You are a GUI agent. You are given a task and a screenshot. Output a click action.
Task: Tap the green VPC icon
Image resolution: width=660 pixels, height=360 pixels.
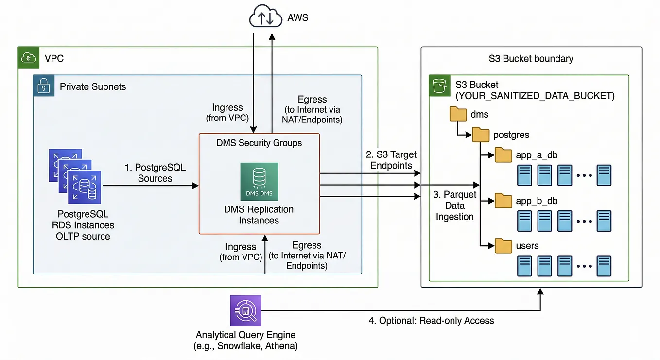point(29,57)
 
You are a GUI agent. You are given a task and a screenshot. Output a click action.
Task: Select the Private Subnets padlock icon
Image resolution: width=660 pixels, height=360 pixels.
point(44,86)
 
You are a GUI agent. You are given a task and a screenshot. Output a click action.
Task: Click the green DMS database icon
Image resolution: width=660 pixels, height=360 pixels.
point(260,182)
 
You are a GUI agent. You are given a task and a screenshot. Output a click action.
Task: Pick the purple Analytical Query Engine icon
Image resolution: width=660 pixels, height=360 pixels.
point(245,310)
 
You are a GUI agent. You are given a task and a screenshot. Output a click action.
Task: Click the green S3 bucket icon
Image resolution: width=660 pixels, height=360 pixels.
point(440,86)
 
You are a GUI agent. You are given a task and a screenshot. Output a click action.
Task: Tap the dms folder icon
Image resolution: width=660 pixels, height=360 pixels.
point(458,114)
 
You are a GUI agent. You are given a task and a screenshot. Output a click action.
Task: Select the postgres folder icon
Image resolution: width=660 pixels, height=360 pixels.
point(481,135)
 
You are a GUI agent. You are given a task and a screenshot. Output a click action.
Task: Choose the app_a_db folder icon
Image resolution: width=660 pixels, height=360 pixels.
point(503,154)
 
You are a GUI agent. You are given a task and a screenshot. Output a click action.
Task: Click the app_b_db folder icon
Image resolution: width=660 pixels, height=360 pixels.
point(503,201)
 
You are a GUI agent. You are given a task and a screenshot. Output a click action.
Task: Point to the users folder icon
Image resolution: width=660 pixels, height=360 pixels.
point(503,246)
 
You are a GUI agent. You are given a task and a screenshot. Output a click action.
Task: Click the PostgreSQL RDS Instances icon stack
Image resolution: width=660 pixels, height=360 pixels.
point(75,176)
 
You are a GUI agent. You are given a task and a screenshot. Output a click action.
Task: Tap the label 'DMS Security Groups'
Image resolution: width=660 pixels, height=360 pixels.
point(260,143)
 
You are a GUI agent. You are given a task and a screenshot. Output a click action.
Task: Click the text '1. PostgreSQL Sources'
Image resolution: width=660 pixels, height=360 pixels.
point(155,173)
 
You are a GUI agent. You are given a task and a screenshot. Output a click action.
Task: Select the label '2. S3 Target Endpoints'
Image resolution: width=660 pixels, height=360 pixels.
point(391,160)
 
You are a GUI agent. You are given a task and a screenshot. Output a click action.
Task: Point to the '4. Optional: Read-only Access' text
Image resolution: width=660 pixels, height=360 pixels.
point(432,321)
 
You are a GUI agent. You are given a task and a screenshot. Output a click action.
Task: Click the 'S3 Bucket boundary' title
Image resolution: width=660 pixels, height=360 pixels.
point(531,59)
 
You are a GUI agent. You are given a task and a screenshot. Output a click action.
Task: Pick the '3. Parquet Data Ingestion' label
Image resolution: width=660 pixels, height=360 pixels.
point(454,206)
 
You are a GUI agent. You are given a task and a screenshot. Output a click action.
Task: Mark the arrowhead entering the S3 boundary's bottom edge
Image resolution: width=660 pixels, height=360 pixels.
point(540,291)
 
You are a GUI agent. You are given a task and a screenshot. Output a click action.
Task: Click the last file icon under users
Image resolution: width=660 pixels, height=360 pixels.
point(604,266)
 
